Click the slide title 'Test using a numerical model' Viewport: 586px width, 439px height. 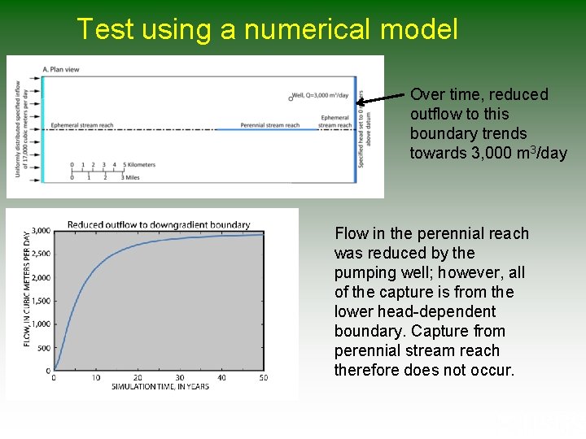(x=267, y=29)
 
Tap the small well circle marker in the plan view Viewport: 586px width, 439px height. (x=291, y=98)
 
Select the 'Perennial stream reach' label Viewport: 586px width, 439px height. (x=269, y=125)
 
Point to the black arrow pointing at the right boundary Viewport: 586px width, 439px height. (x=383, y=99)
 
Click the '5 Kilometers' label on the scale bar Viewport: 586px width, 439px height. (x=137, y=165)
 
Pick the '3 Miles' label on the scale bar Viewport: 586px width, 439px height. (x=130, y=176)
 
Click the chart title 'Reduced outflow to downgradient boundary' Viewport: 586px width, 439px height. (x=158, y=225)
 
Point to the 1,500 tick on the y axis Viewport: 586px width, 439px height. (x=40, y=301)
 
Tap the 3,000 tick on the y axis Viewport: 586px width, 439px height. (x=40, y=231)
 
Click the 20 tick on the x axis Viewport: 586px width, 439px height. (x=138, y=377)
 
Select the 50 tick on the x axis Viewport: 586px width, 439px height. (x=263, y=377)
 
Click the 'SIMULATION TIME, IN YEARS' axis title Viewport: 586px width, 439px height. (x=160, y=386)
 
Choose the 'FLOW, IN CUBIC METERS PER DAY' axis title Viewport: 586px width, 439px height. (x=27, y=289)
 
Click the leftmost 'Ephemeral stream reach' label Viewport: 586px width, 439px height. (x=82, y=125)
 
